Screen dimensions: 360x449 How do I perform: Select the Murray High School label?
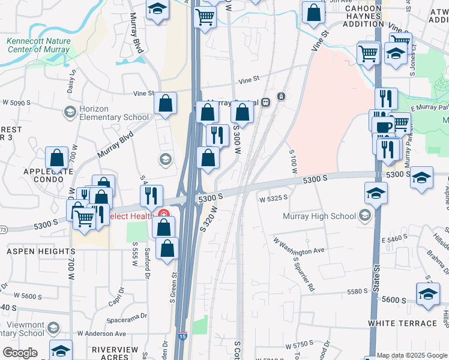click(326, 216)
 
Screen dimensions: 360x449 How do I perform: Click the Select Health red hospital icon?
click(163, 214)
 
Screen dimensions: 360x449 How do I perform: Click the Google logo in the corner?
click(20, 353)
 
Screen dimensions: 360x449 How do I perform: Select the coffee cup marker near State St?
click(384, 127)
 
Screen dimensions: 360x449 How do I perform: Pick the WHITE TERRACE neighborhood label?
click(402, 323)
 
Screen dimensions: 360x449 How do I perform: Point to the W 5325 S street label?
click(273, 198)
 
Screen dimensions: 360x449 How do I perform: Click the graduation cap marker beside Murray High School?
click(376, 193)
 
